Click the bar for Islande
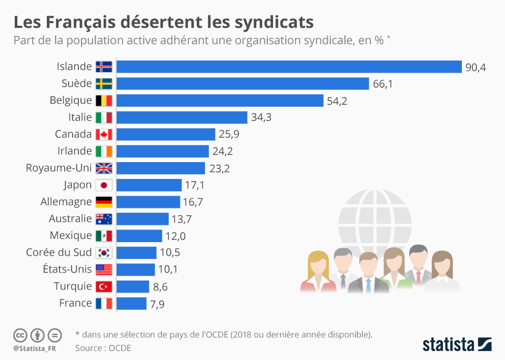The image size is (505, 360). (x=289, y=66)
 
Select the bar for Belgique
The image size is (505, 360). (x=219, y=101)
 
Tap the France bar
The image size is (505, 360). (x=131, y=304)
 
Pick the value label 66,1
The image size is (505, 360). (x=383, y=84)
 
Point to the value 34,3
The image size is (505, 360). (x=261, y=117)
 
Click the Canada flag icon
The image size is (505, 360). (x=104, y=134)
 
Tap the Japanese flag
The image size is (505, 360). (x=104, y=185)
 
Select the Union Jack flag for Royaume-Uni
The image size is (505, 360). (x=104, y=168)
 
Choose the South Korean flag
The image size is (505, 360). (x=104, y=253)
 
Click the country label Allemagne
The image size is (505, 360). (x=66, y=202)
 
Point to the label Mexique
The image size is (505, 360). (x=70, y=235)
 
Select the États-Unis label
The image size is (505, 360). (x=67, y=269)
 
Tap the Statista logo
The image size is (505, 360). (x=457, y=345)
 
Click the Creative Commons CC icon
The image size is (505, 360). (x=20, y=335)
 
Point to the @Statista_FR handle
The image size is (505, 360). (x=35, y=348)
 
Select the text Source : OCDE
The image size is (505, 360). (x=103, y=348)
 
